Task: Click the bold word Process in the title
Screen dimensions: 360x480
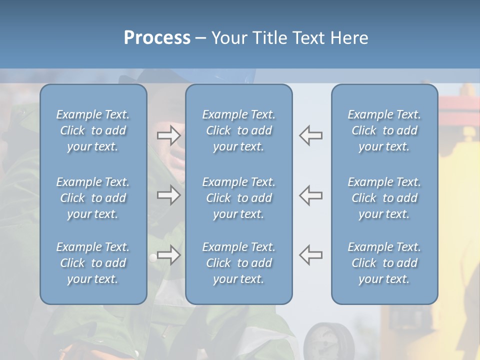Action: coord(157,38)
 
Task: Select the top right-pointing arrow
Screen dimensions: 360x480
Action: coord(168,135)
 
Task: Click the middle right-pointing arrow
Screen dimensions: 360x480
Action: coord(168,195)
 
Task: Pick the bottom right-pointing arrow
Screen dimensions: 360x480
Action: coord(168,255)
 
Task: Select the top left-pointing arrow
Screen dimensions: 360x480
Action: coord(310,135)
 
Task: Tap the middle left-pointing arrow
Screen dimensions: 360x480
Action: coord(310,195)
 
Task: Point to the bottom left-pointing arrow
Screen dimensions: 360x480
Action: coord(310,255)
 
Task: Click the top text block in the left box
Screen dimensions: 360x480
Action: coord(93,130)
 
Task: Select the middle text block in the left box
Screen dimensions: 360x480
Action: coord(93,198)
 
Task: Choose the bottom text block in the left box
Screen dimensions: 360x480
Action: coord(93,263)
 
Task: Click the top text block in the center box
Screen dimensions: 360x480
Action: coord(238,130)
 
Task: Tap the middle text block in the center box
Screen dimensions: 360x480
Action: coord(238,198)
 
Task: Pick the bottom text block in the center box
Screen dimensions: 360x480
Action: coord(238,263)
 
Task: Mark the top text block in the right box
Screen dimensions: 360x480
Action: coord(384,130)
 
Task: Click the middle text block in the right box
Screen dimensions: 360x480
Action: coord(384,198)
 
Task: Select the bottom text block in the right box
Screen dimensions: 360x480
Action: coord(384,263)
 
